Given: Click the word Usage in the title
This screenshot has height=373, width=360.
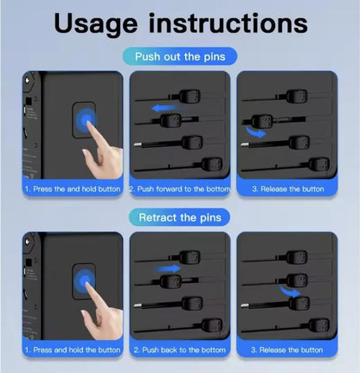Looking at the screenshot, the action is [x=96, y=24].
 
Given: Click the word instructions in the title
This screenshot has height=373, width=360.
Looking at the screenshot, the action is [x=228, y=23].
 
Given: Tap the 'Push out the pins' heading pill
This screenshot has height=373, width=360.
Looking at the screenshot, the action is [x=180, y=56].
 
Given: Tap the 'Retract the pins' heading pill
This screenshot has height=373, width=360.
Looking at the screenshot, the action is [x=180, y=217].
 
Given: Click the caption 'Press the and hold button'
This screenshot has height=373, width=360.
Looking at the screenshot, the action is [x=73, y=189].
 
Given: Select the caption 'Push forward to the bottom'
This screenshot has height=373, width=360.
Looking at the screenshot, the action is [x=180, y=189].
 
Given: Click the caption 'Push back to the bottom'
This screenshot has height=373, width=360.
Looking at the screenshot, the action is [x=180, y=350].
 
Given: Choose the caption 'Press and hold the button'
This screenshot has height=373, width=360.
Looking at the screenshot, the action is [x=73, y=350].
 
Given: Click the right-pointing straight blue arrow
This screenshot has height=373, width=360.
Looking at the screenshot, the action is [x=167, y=269].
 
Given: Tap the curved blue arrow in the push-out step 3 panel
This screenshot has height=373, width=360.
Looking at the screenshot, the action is [x=255, y=132].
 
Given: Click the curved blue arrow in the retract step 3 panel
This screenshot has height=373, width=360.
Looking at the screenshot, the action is [x=291, y=292].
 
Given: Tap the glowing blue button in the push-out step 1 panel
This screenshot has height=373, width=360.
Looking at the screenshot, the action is [x=86, y=119].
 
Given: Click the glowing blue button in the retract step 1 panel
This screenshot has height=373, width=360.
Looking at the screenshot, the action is [x=84, y=281].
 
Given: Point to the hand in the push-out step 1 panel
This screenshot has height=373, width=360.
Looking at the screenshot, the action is [x=102, y=151].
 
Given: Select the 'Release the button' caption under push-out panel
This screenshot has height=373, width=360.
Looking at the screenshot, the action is [x=288, y=189].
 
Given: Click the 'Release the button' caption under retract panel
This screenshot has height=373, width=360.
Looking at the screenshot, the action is [x=286, y=350].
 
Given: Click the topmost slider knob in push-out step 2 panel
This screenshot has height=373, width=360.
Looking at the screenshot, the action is [x=190, y=97].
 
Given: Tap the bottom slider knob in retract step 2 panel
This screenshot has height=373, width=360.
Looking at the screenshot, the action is [x=212, y=325].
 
